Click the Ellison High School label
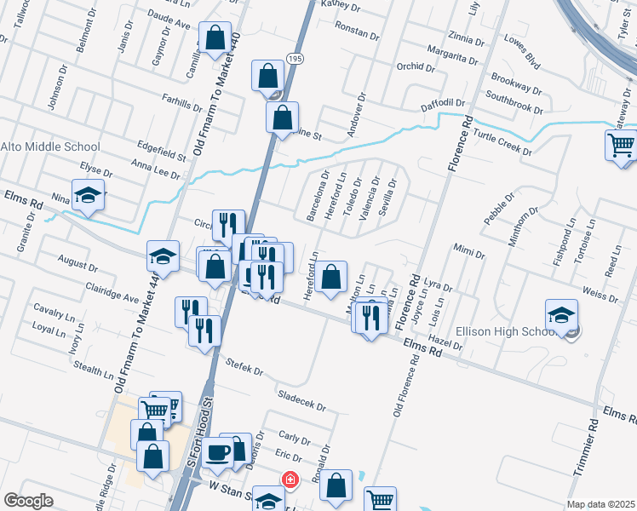tap(508, 330)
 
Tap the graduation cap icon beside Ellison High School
tap(561, 317)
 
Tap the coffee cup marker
tap(219, 452)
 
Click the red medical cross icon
tap(290, 480)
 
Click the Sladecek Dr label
tap(302, 401)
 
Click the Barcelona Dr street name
tap(317, 196)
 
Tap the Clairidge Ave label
tap(110, 298)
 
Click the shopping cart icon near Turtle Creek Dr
tap(621, 146)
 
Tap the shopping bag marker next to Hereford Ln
tap(331, 276)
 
